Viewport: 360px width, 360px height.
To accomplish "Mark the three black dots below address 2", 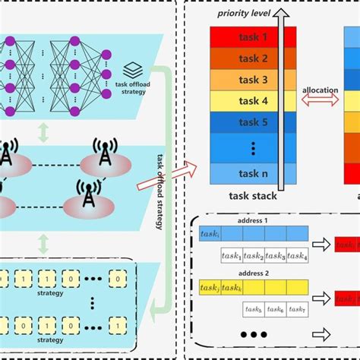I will [253, 334].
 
